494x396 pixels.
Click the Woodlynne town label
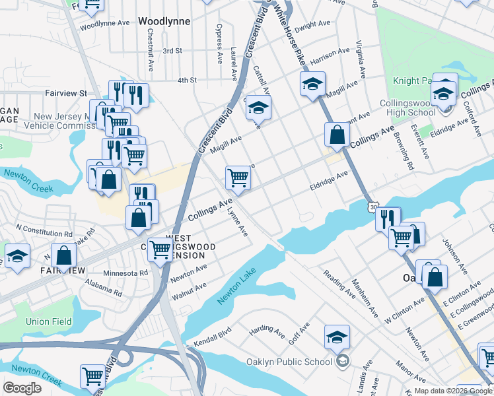click(x=164, y=21)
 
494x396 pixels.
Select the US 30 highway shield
click(x=374, y=207)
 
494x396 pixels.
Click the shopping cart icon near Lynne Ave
click(x=238, y=176)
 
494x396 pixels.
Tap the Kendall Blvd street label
click(x=212, y=336)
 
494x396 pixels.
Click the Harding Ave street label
click(x=265, y=328)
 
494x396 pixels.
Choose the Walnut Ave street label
click(x=190, y=290)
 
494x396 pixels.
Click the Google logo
click(x=22, y=387)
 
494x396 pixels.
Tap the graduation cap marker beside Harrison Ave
click(x=312, y=84)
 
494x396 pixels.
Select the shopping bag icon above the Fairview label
click(x=64, y=255)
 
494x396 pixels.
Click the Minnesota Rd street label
click(x=125, y=273)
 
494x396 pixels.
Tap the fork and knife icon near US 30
click(x=388, y=218)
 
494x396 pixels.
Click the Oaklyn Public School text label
click(x=300, y=362)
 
